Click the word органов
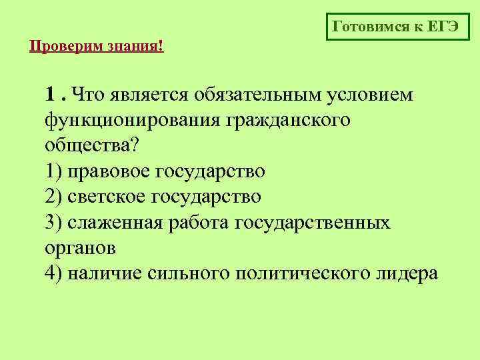81,248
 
